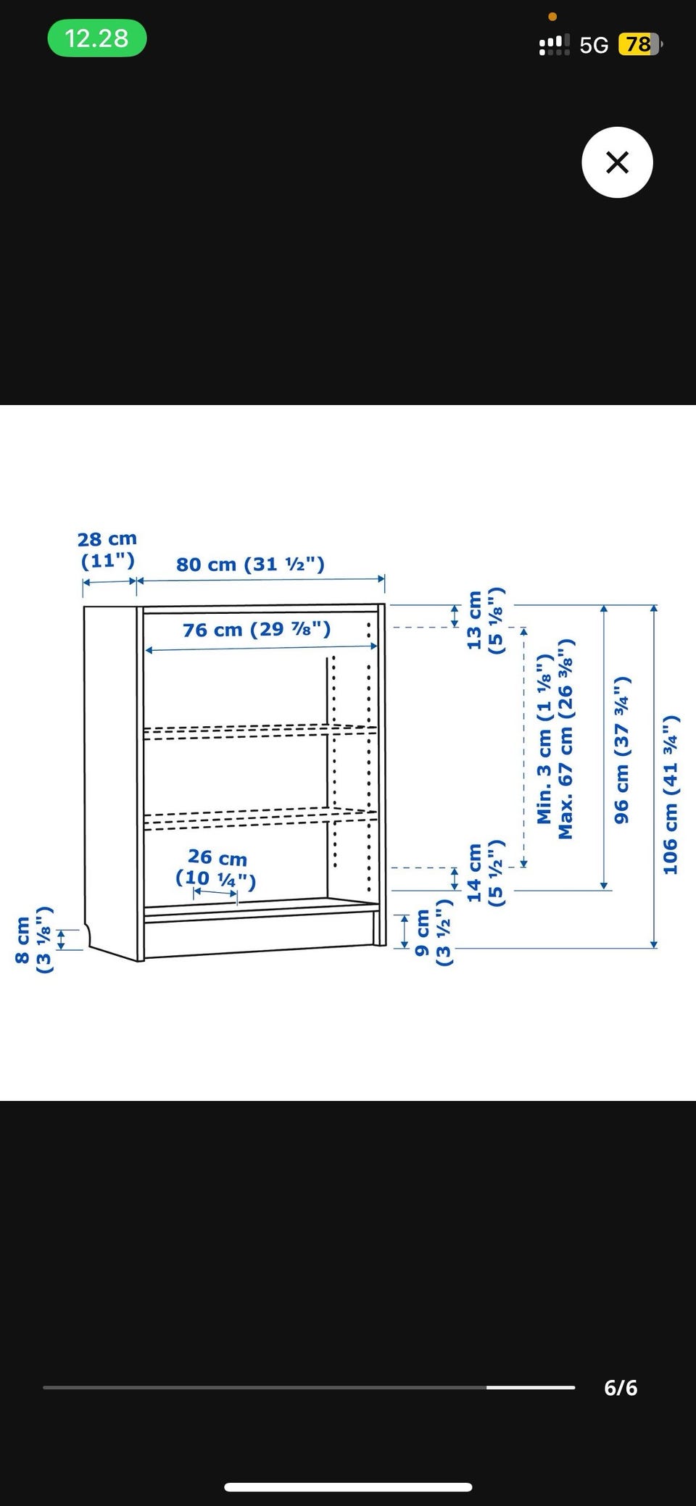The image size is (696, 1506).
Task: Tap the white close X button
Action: point(617,162)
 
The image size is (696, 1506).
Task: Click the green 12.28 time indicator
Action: point(97,38)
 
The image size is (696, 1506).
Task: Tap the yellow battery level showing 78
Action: point(639,45)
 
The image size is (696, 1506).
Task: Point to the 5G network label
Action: point(594,46)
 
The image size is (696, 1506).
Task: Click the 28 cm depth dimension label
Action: point(107,549)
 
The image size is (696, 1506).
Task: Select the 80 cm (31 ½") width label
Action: point(250,564)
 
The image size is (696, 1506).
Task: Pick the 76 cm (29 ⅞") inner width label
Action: point(257,629)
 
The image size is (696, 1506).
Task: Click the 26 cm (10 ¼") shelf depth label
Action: point(216,868)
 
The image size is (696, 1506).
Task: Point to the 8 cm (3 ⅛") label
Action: point(33,940)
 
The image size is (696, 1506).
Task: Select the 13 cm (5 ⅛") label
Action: point(484,621)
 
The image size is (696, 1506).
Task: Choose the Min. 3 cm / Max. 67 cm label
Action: point(555,739)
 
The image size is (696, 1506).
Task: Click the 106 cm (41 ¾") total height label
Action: point(671,794)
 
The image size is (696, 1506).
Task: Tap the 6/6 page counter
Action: point(621,1387)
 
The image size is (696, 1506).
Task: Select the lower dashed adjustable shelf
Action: point(260,818)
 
